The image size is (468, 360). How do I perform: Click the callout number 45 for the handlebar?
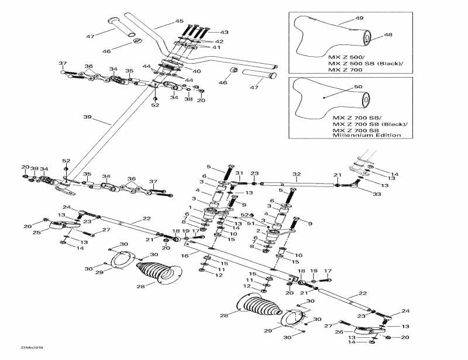coord(180,22)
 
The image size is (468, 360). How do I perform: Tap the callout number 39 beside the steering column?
coord(88,117)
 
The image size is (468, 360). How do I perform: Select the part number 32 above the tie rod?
coord(297,174)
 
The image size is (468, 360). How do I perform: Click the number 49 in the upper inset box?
coord(359,19)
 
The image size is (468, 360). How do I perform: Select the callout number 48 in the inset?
coord(388,35)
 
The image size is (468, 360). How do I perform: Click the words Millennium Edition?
coord(367,135)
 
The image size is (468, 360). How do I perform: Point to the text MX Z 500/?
coord(345,57)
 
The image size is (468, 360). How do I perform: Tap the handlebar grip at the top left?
coord(120,28)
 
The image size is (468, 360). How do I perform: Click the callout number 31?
coord(239,174)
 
